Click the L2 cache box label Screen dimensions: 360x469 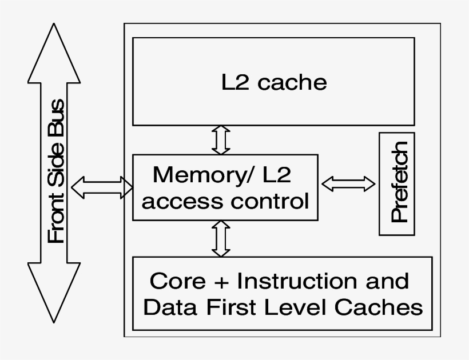click(274, 82)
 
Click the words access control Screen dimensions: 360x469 click(225, 201)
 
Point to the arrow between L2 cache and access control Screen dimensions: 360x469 click(221, 139)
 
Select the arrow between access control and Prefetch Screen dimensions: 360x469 click(348, 183)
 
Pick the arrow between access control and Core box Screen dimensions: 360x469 click(221, 238)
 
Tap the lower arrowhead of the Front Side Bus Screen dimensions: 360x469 click(56, 291)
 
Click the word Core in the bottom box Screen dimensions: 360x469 click(174, 281)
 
